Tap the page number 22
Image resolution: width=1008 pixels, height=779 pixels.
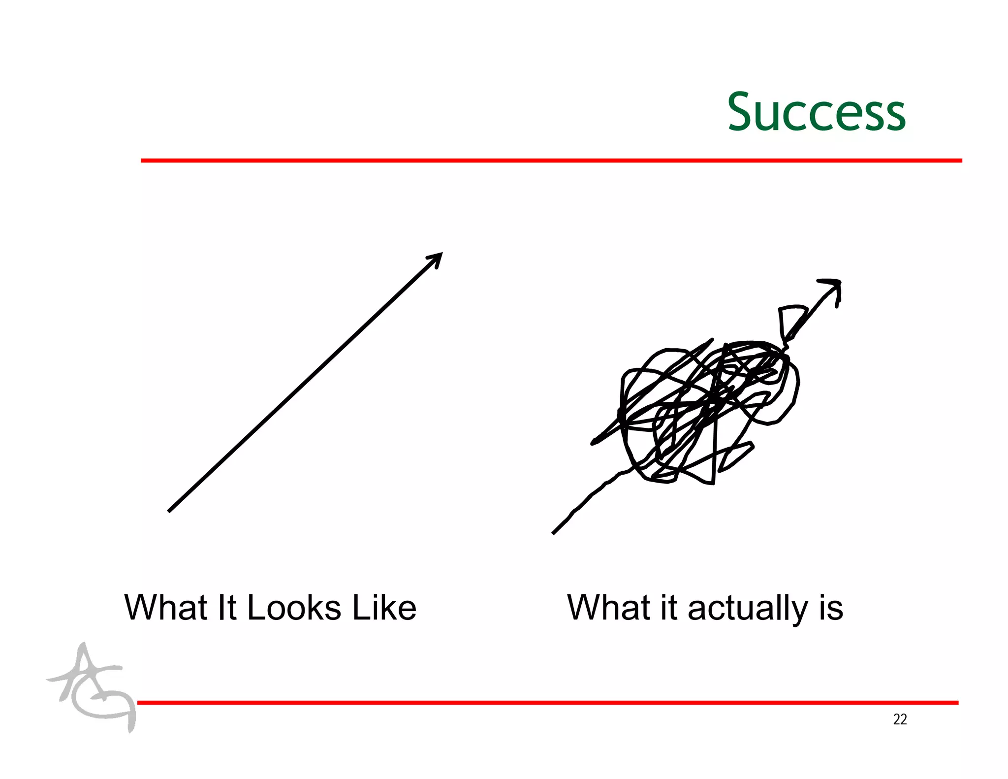pyautogui.click(x=900, y=719)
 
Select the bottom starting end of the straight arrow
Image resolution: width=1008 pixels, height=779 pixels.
pyautogui.click(x=170, y=511)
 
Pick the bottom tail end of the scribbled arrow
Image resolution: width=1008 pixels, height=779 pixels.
pyautogui.click(x=554, y=532)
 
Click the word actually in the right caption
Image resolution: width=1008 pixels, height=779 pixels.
pyautogui.click(x=747, y=609)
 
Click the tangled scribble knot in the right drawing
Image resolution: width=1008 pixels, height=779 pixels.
pyautogui.click(x=704, y=409)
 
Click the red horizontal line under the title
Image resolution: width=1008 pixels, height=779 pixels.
pyautogui.click(x=551, y=161)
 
